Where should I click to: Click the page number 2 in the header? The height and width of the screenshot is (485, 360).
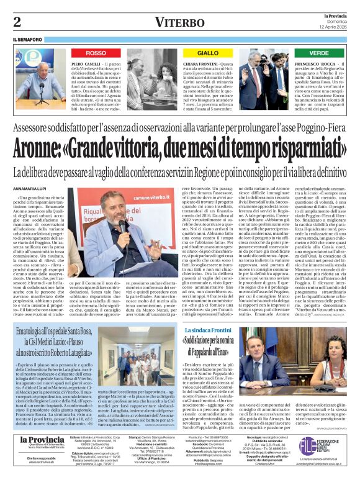(17, 22)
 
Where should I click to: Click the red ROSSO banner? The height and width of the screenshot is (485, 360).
(96, 53)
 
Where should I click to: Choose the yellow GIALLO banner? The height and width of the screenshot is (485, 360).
(208, 53)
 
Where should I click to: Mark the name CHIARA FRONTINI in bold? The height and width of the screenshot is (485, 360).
(200, 64)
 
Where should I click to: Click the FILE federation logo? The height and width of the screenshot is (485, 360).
(325, 445)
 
